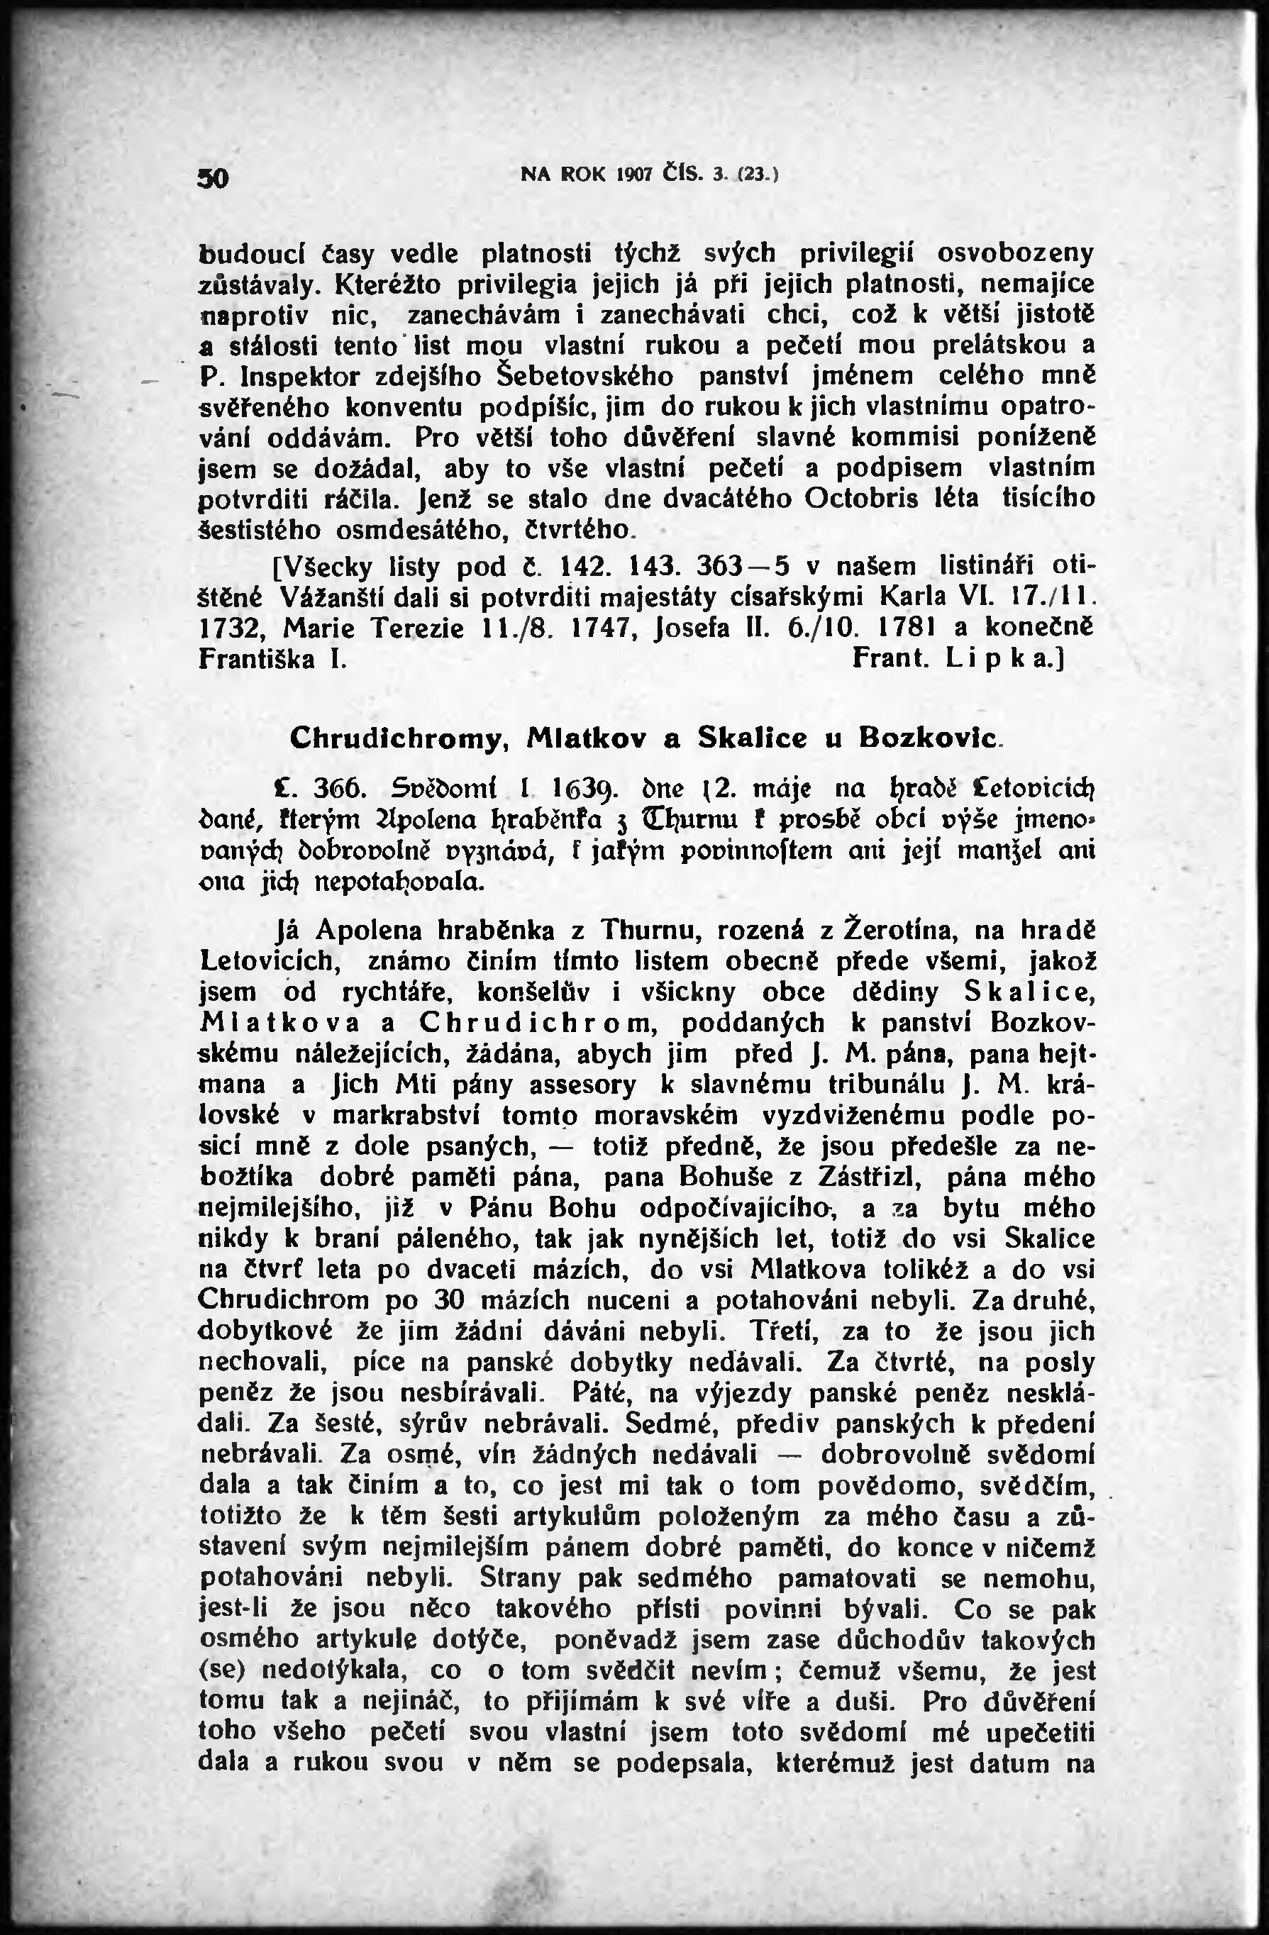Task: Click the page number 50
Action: pyautogui.click(x=216, y=178)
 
